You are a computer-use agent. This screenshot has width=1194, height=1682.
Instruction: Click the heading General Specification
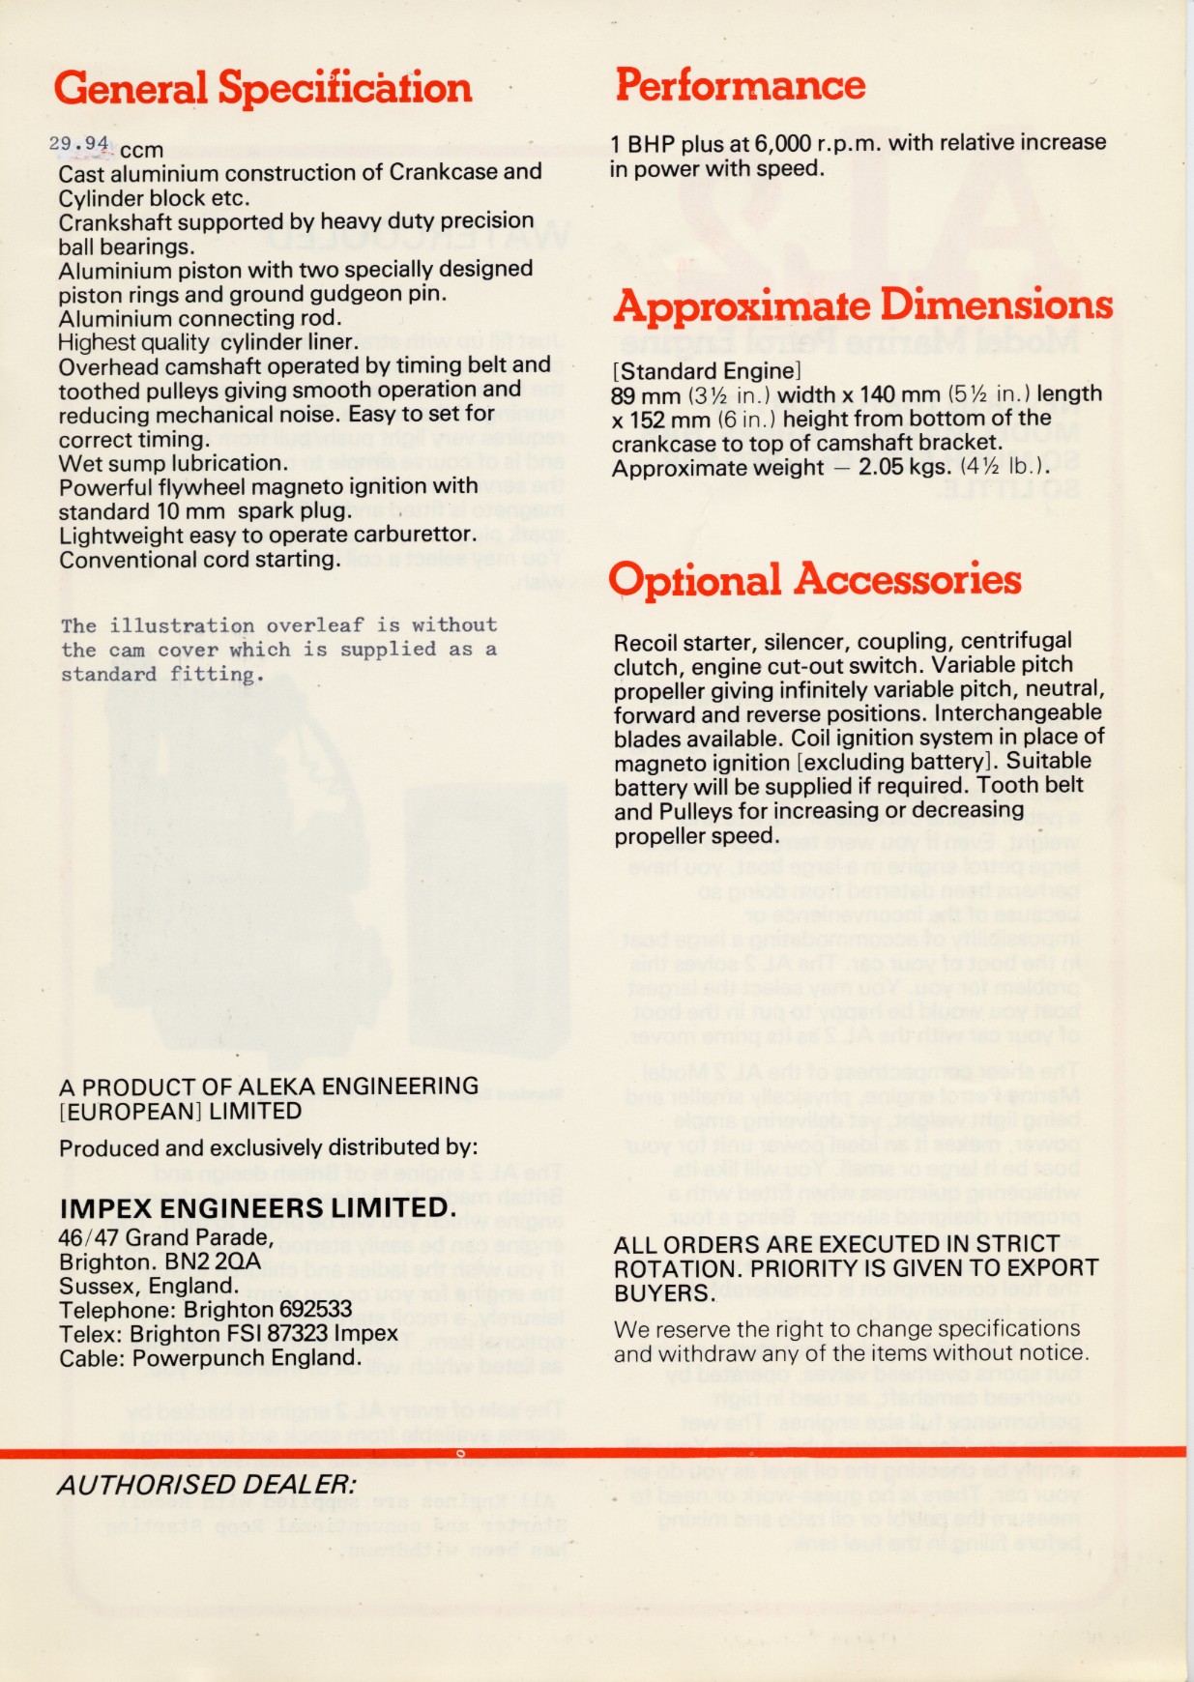click(263, 88)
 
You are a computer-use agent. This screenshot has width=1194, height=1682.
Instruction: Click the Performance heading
click(741, 85)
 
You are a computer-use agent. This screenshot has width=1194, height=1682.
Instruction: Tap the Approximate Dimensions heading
click(862, 305)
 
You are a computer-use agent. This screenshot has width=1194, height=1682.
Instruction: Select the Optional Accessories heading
click(814, 580)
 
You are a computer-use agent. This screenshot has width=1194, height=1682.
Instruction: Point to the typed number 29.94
click(78, 144)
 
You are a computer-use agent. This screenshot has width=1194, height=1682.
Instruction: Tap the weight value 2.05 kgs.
click(888, 467)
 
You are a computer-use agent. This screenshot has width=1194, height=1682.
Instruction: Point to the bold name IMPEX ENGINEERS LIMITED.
click(257, 1208)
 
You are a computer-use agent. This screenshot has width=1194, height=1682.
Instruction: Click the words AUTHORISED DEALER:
click(207, 1485)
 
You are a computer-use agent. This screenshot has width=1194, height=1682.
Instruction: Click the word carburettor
click(417, 535)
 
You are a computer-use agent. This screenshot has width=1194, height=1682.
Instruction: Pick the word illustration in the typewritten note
click(182, 625)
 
